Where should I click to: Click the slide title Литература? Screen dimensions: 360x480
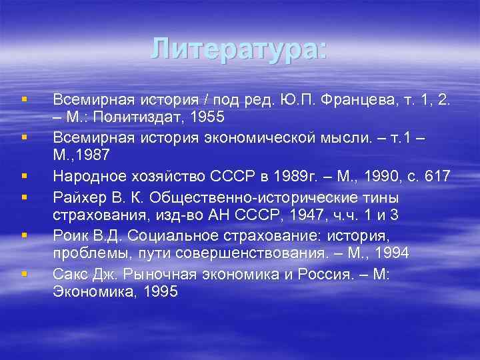point(239,49)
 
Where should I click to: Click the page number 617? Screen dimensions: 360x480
point(437,177)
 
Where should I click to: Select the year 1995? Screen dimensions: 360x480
point(160,291)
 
